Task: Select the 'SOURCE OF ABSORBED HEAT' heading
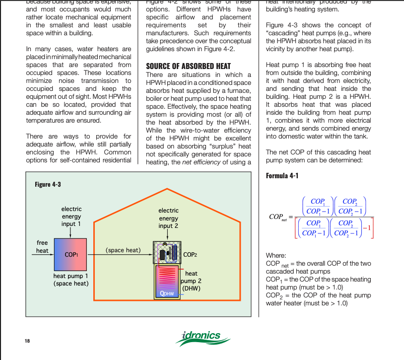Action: [x=188, y=66]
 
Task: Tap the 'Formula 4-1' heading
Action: [x=282, y=176]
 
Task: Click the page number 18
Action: [x=27, y=341]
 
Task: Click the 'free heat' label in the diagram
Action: [x=43, y=247]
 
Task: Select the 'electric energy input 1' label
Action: [x=71, y=216]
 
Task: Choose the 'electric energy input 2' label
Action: [x=169, y=218]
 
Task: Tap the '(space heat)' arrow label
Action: [x=123, y=250]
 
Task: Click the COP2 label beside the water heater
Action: [x=191, y=255]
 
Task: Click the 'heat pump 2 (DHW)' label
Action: [x=191, y=281]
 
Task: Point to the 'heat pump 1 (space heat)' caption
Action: [x=71, y=280]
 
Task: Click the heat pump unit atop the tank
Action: [x=168, y=253]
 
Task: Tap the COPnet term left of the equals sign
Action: [x=278, y=217]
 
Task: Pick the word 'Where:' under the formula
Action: [x=276, y=255]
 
